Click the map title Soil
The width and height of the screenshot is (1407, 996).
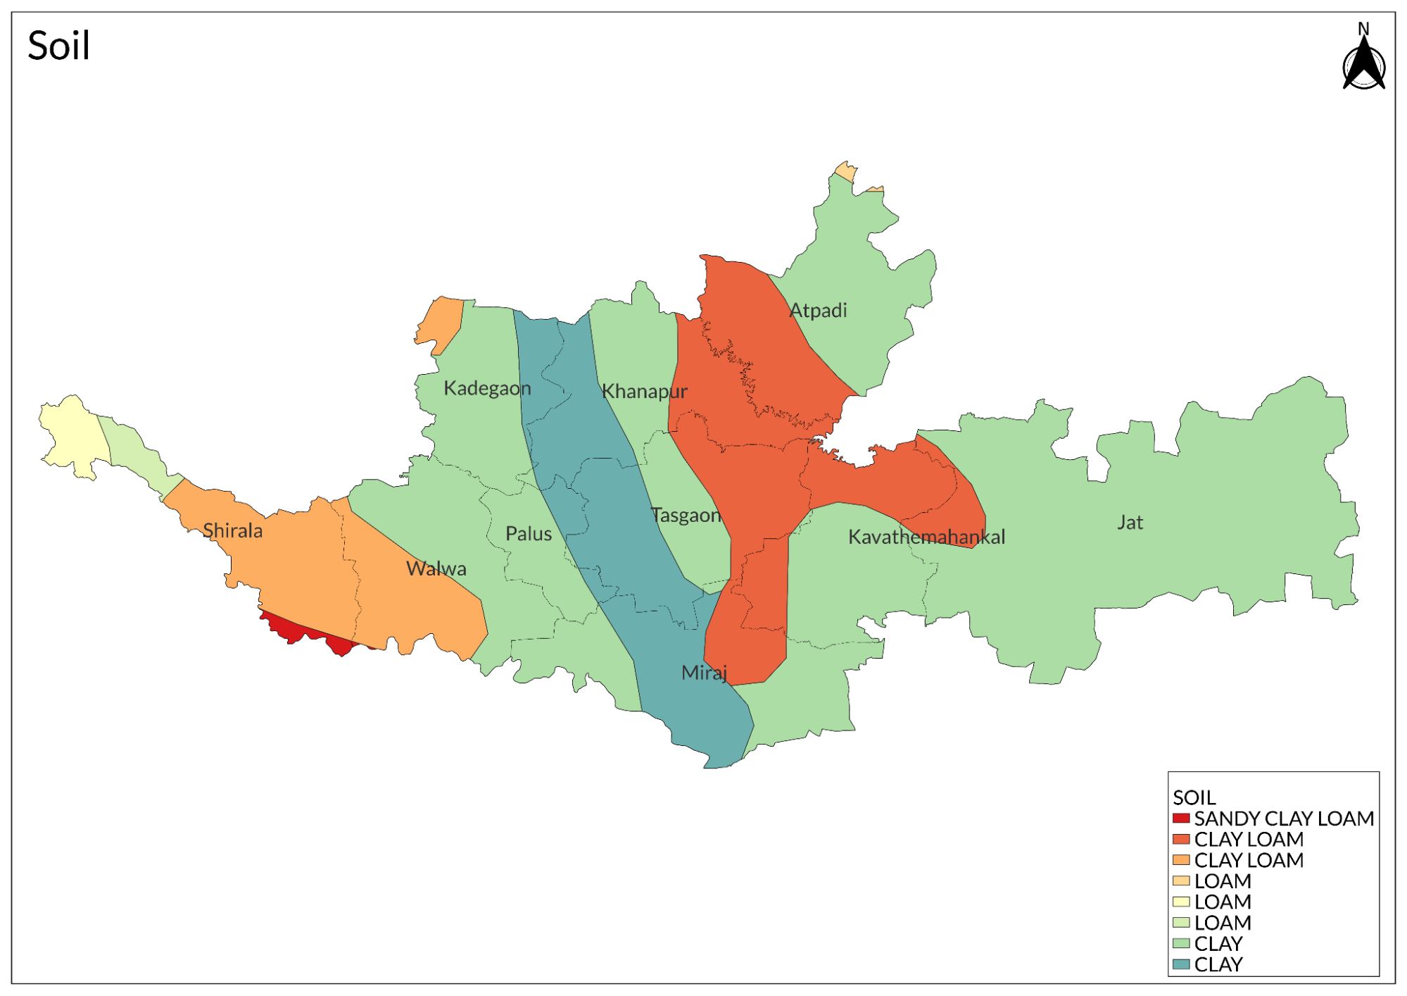point(58,46)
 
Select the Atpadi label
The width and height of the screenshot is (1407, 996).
point(818,311)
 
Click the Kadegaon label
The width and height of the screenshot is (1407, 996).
point(487,389)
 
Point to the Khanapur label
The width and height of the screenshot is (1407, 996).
point(644,392)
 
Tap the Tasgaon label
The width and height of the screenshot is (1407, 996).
point(686,516)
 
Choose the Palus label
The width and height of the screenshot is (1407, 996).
point(529,534)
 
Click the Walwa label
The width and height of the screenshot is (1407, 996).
point(436,569)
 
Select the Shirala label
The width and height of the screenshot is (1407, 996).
point(233,531)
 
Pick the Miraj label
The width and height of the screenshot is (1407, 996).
point(704,673)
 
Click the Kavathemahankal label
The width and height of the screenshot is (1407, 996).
point(926,537)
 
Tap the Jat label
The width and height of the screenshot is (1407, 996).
point(1130,523)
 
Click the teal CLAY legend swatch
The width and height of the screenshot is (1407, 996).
point(1181,964)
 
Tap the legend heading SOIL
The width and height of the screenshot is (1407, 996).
point(1194,797)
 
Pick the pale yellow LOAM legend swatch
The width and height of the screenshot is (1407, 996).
point(1181,902)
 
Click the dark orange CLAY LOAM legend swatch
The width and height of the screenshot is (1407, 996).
point(1181,840)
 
